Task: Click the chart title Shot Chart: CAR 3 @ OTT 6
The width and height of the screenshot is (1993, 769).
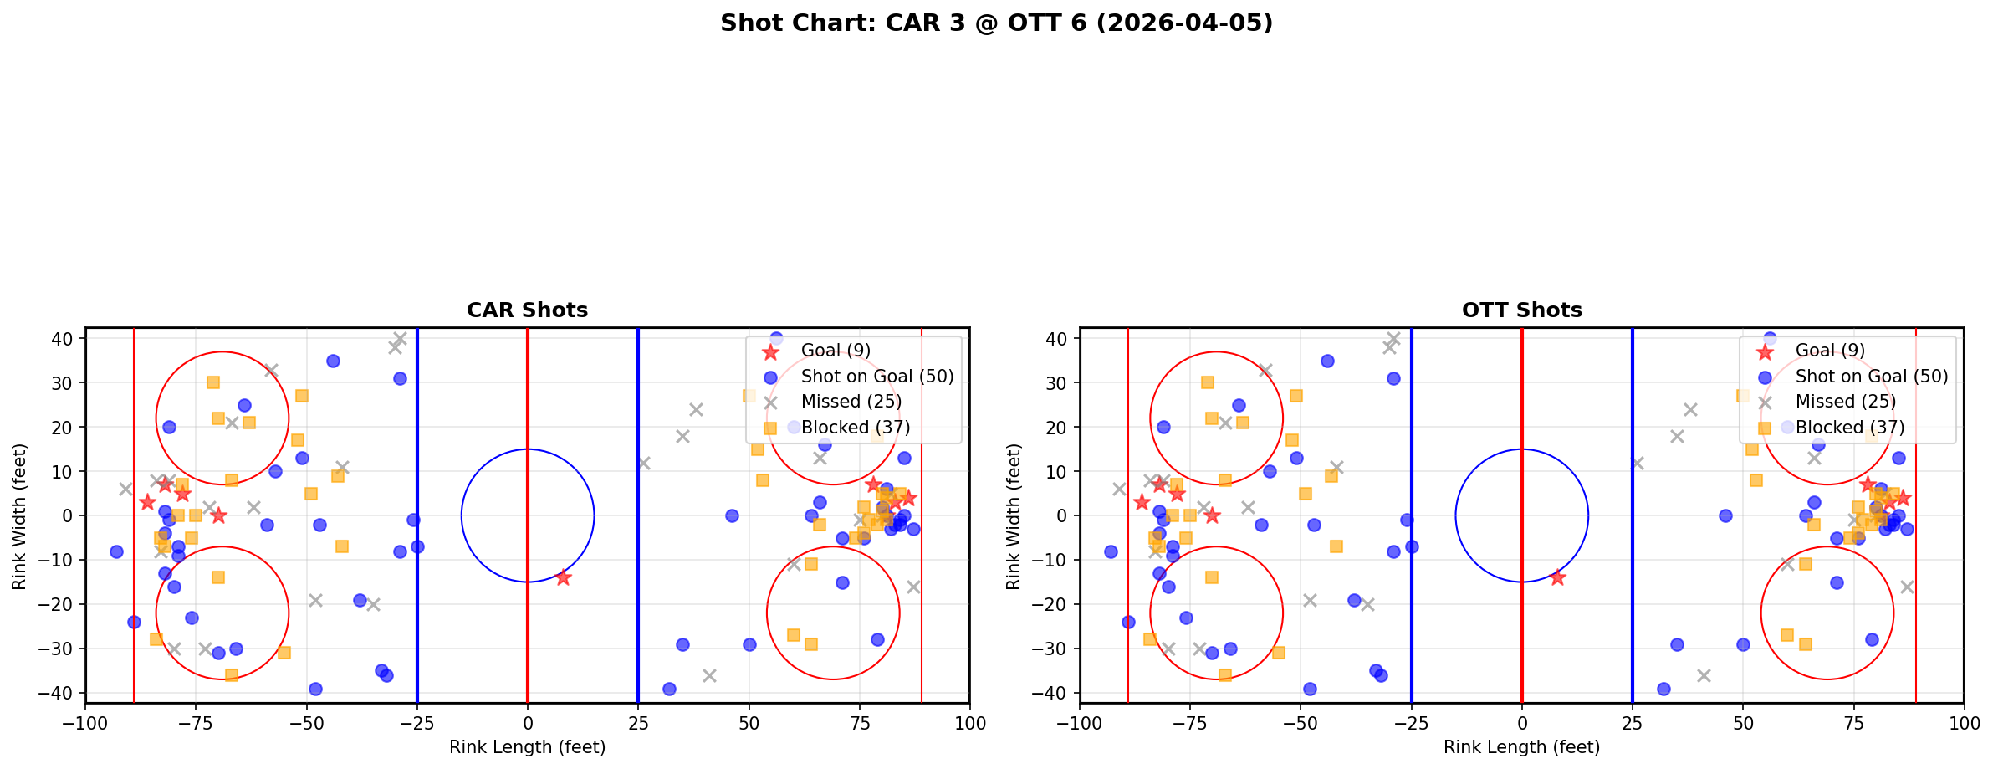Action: pos(996,23)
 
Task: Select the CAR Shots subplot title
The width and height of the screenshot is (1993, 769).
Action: pos(527,310)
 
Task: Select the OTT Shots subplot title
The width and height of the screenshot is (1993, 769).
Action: pos(1521,310)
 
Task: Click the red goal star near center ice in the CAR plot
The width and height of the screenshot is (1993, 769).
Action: pos(563,577)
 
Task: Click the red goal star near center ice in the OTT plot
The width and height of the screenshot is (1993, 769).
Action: pos(1557,577)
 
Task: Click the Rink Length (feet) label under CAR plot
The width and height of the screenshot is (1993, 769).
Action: pos(527,747)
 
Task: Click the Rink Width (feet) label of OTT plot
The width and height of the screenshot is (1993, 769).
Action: pos(1014,515)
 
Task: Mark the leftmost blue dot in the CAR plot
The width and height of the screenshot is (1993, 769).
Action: pos(116,551)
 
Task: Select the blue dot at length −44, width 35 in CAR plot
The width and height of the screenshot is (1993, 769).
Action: pos(333,361)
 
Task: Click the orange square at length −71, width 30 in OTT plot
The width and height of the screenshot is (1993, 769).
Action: pos(1208,382)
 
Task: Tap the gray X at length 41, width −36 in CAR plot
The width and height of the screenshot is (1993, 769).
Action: pos(709,675)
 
